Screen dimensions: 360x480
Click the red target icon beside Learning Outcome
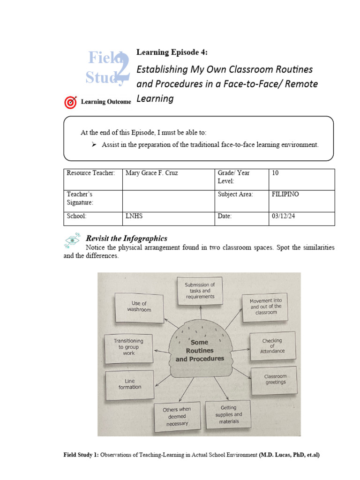click(x=70, y=102)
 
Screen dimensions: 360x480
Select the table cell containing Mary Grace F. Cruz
click(x=168, y=180)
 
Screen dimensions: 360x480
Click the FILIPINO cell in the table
click(x=301, y=201)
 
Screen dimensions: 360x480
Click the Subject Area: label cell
click(x=241, y=201)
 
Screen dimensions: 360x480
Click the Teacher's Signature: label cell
click(x=92, y=201)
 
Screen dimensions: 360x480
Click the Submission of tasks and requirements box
click(x=200, y=291)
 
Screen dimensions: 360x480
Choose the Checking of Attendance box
click(x=272, y=346)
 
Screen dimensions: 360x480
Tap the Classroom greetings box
click(x=275, y=379)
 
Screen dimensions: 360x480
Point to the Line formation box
click(x=129, y=384)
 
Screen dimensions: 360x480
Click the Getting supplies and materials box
click(x=228, y=414)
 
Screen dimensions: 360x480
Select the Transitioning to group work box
click(x=128, y=347)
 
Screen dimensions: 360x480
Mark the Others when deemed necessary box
click(x=177, y=416)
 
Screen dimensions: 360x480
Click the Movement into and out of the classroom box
click(x=266, y=307)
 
